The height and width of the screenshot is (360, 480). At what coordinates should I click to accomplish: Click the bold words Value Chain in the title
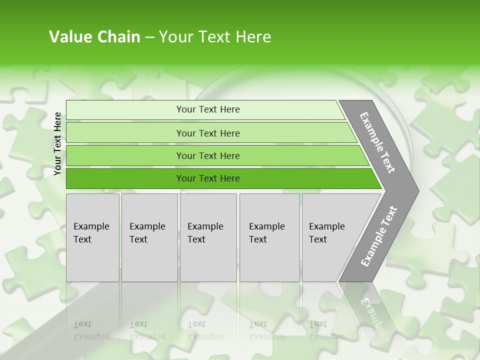pos(94,37)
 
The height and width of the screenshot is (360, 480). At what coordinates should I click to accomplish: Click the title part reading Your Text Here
pos(215,37)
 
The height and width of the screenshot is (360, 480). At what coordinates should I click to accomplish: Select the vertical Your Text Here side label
pos(57,143)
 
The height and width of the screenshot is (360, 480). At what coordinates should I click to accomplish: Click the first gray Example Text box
pos(92,237)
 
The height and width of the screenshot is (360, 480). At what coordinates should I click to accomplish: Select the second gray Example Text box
pos(149,237)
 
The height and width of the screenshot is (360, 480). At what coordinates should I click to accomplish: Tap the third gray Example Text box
pos(208,237)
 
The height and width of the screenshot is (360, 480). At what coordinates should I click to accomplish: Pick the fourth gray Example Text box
pos(269,237)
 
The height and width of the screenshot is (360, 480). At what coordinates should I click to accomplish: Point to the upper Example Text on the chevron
pos(377,142)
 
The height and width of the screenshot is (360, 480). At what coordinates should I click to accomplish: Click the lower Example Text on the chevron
pos(378,236)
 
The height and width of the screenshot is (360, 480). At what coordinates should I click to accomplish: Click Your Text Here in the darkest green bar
pos(208,178)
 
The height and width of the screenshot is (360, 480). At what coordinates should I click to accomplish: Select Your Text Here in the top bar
pos(208,109)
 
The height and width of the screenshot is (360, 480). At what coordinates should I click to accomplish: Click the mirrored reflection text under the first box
pos(91,330)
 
